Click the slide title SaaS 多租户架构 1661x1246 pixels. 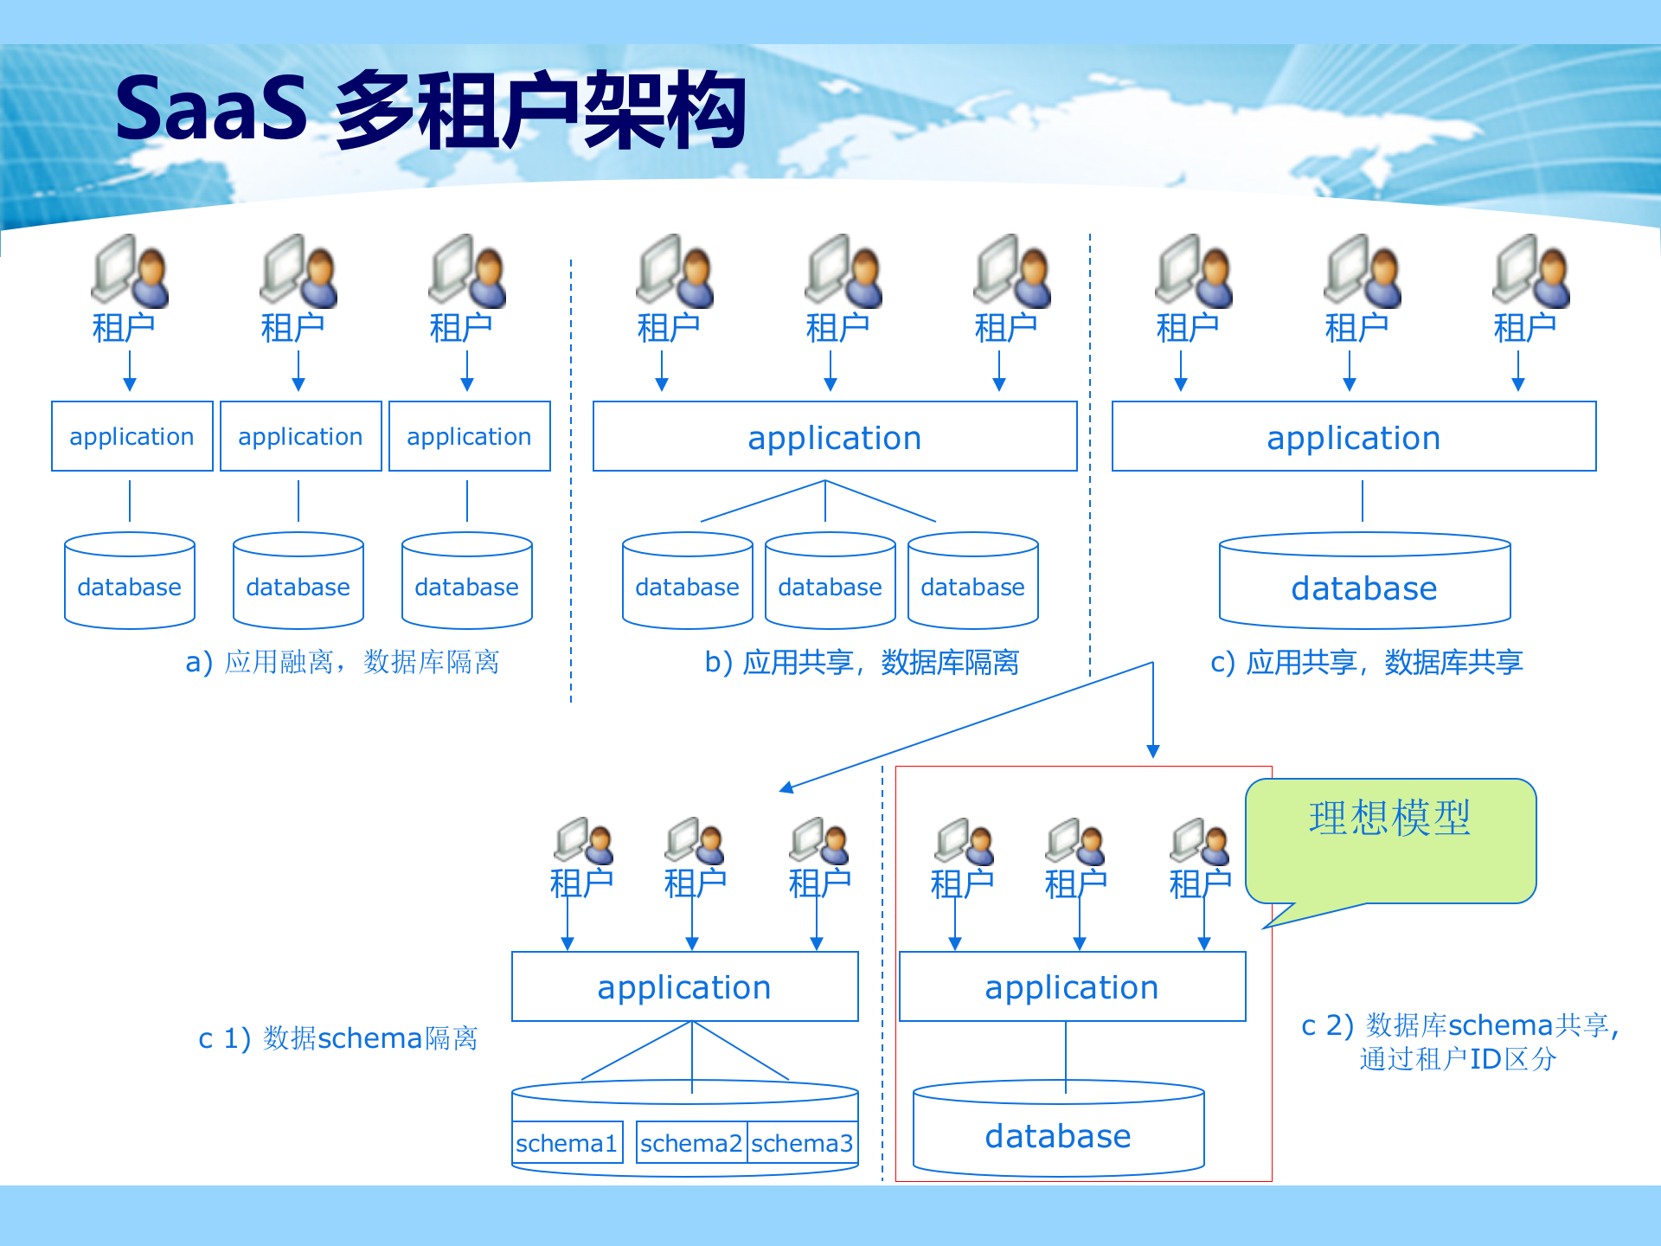430,110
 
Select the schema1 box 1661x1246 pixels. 567,1143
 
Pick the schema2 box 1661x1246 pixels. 690,1143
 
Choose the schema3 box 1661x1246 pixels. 802,1143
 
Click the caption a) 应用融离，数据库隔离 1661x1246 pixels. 343,662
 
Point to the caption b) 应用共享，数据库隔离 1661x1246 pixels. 862,662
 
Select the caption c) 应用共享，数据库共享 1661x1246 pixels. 1366,662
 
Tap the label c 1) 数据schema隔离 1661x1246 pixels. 338,1037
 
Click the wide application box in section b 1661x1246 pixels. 835,437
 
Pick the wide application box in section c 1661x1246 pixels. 1354,437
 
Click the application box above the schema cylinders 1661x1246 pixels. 684,987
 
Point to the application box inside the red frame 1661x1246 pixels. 1072,987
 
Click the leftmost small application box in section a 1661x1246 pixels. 131,437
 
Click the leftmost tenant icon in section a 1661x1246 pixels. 130,272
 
